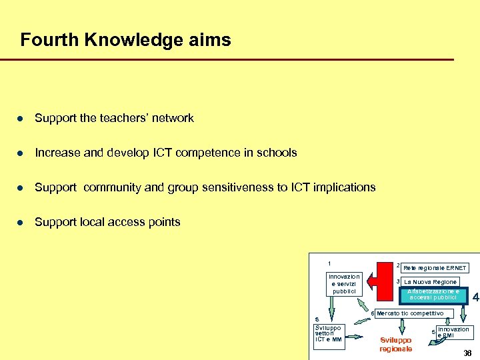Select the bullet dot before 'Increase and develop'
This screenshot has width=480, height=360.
[x=21, y=153]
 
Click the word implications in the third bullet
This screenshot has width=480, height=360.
[x=339, y=187]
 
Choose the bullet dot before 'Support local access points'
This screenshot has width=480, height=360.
[x=21, y=222]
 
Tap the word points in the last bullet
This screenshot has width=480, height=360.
[x=163, y=222]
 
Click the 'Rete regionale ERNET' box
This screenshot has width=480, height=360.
[x=435, y=267]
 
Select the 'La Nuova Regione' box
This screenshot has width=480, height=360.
[x=431, y=281]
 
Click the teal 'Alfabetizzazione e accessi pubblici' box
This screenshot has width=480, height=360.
[x=434, y=294]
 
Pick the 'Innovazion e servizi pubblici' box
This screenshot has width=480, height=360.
[x=344, y=284]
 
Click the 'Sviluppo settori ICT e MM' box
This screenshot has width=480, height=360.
[x=328, y=334]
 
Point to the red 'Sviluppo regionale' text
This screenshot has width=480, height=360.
[x=396, y=344]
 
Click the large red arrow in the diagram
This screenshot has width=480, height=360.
[x=385, y=280]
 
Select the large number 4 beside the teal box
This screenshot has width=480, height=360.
[x=475, y=297]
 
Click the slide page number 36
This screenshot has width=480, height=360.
[x=467, y=353]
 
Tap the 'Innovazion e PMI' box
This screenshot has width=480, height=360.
[x=453, y=332]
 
